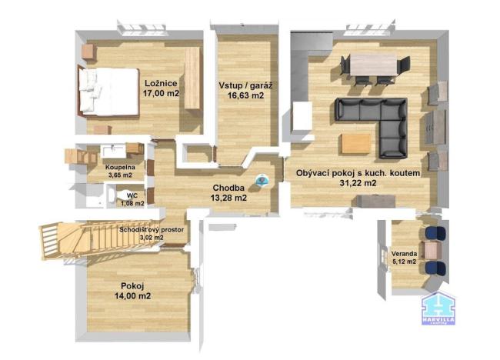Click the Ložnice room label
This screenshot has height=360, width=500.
tap(160, 83)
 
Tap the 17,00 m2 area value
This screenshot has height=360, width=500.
tap(161, 93)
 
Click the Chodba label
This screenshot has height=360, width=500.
tap(229, 188)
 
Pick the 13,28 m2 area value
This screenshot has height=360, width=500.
tap(229, 198)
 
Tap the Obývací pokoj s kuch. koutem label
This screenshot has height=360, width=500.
tap(358, 174)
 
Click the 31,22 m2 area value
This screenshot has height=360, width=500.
tap(358, 184)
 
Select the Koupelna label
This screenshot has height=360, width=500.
tap(120, 166)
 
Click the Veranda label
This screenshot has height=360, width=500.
tap(404, 253)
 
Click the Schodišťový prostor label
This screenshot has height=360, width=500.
tap(152, 229)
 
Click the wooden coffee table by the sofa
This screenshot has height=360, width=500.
tap(356, 143)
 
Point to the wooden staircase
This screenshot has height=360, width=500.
tap(73, 237)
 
